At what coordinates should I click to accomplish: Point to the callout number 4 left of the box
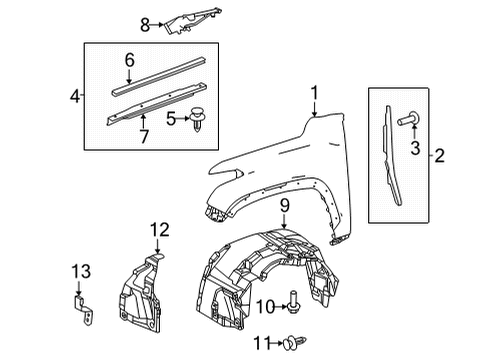(75, 98)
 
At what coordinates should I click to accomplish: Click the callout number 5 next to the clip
(171, 119)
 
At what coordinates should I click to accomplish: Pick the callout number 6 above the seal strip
(128, 62)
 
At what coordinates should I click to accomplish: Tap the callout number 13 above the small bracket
(79, 271)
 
